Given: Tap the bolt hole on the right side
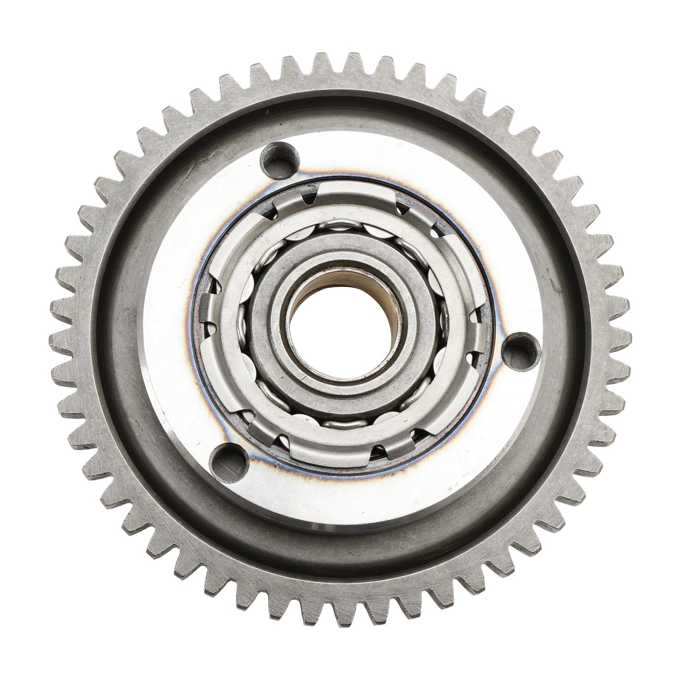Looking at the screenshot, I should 518,350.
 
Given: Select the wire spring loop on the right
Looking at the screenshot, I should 445,323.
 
